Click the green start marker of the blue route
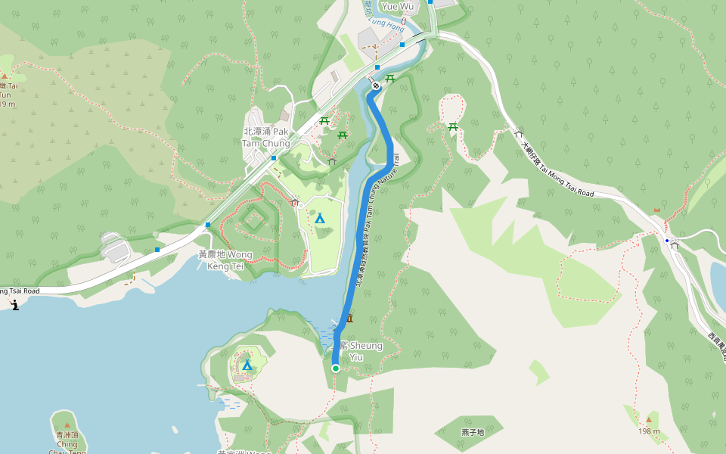click(x=336, y=368)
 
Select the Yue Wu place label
click(x=398, y=6)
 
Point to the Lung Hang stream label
click(x=384, y=24)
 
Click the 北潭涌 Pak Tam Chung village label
click(x=265, y=137)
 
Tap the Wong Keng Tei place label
click(x=225, y=260)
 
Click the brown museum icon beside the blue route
click(x=349, y=319)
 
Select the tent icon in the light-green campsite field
click(x=320, y=219)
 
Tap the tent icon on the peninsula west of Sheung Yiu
click(x=247, y=365)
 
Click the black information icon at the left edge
click(x=15, y=305)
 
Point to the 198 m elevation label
click(x=649, y=431)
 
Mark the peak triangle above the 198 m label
click(x=648, y=418)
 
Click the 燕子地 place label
click(x=472, y=432)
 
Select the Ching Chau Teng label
click(x=67, y=440)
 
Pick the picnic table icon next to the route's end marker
click(x=391, y=79)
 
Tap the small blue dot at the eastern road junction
click(x=667, y=241)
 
